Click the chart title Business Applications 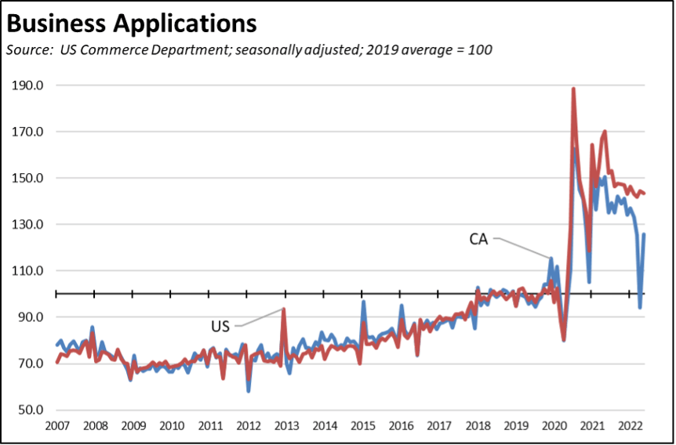coord(131,24)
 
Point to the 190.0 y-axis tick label coord(29,85)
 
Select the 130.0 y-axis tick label coord(29,225)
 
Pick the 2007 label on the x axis coord(56,426)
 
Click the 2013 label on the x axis coord(285,426)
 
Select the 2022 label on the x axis coord(631,426)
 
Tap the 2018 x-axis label coord(477,426)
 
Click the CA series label coord(478,239)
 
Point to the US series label coord(220,325)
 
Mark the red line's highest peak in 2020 coord(573,89)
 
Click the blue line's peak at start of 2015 coord(363,302)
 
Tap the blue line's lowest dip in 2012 coord(249,390)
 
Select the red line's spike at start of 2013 coord(283,309)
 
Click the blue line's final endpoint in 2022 coord(644,234)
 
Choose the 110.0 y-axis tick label coord(29,271)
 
